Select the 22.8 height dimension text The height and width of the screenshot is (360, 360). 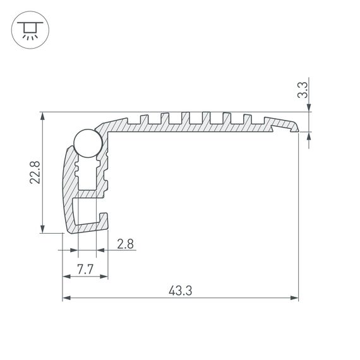click(35, 172)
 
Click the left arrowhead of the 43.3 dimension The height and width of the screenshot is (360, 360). click(66, 298)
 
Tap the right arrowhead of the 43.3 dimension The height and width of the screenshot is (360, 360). click(294, 298)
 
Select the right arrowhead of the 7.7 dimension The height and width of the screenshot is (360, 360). click(104, 277)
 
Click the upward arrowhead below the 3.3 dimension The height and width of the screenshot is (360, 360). click(309, 135)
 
